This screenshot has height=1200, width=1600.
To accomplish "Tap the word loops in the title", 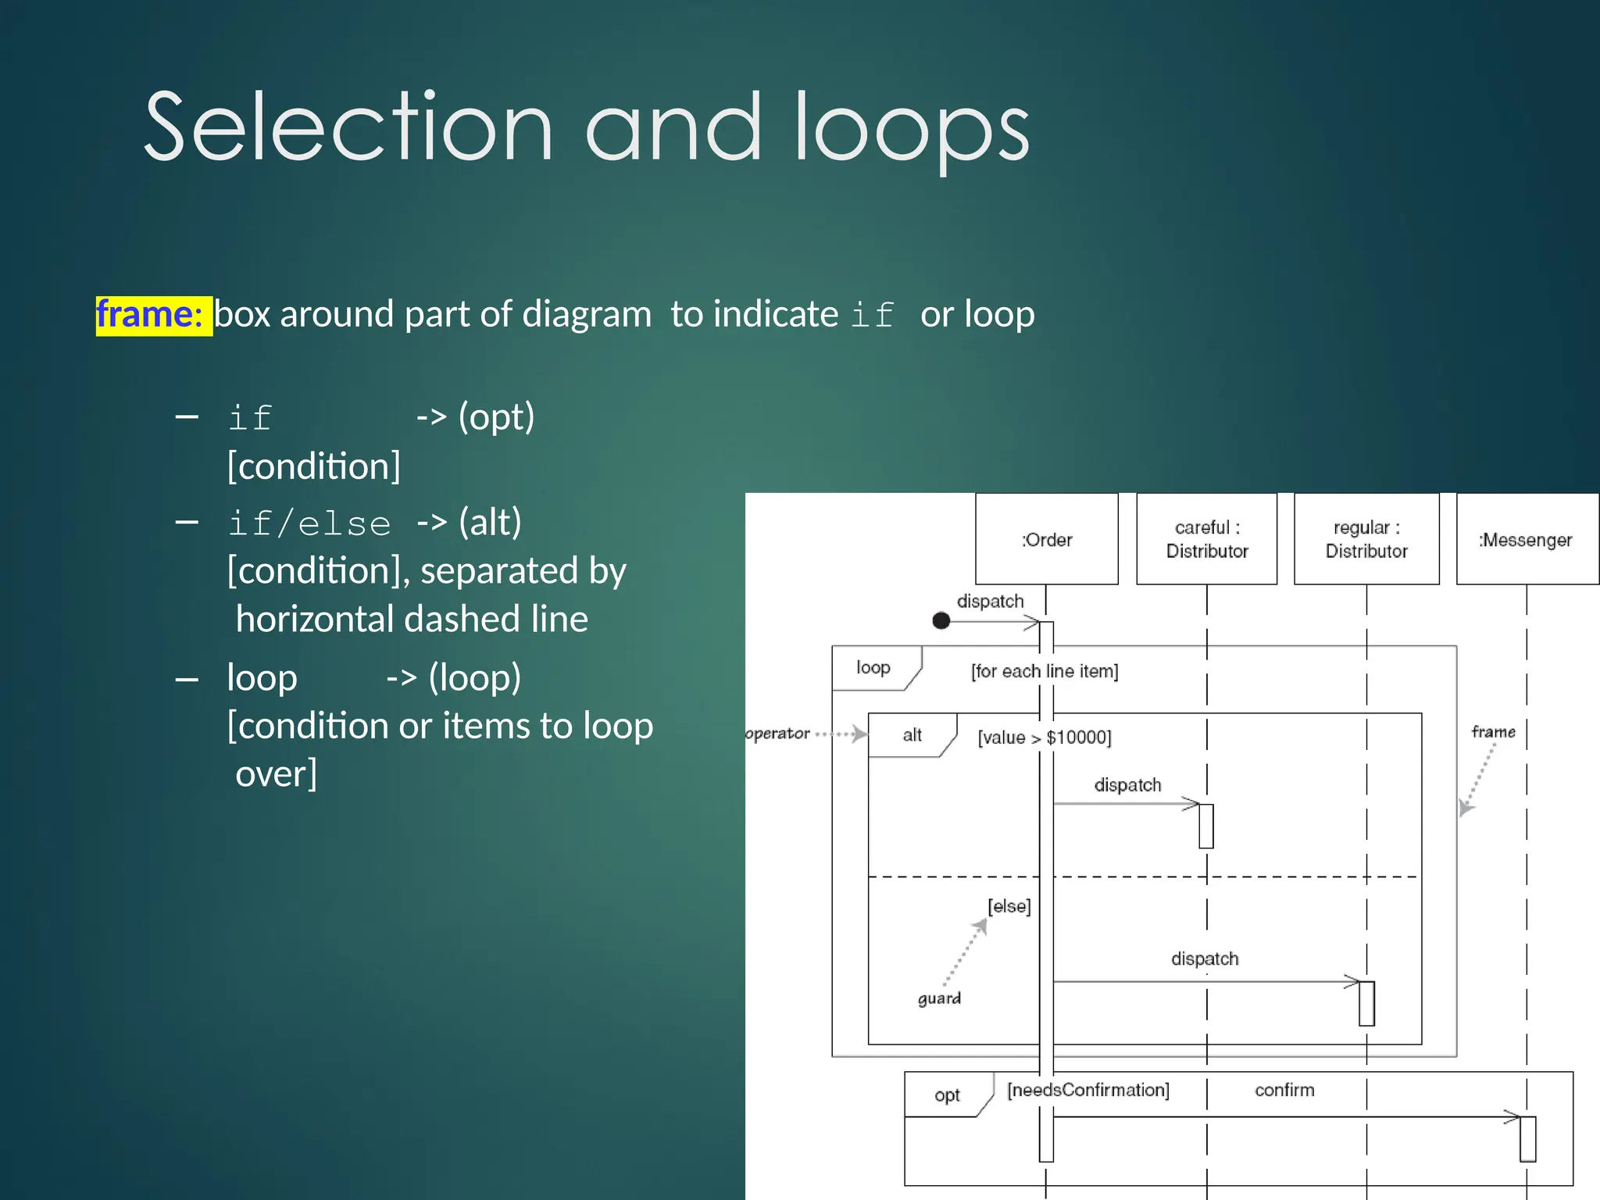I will [x=912, y=129].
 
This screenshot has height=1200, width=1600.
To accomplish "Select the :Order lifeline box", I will [x=1047, y=539].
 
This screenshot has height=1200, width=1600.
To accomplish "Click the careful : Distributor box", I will [x=1206, y=539].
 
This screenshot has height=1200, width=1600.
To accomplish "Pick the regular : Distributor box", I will [x=1366, y=539].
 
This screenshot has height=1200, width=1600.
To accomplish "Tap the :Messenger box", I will [x=1526, y=539].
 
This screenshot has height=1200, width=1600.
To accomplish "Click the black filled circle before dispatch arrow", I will [x=941, y=620].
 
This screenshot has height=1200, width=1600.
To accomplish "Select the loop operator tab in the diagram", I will [x=873, y=668].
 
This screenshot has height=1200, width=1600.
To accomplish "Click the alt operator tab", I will [x=912, y=735].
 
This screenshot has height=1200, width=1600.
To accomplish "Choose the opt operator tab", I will [x=947, y=1095].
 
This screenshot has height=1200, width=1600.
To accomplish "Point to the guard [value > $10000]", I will [x=1045, y=737].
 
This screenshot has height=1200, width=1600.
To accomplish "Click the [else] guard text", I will [x=1009, y=906].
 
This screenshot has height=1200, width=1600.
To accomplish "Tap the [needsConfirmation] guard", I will [x=1088, y=1090].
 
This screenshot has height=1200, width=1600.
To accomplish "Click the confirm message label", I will [x=1284, y=1090].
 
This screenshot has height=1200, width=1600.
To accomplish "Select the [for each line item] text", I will [x=1045, y=671].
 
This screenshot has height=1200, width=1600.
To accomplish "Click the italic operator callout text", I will [x=777, y=734].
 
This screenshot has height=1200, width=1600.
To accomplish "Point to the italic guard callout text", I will [x=939, y=998].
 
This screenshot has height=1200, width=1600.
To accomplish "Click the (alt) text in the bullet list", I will [x=490, y=522].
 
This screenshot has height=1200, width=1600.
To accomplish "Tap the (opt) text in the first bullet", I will [x=496, y=416].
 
